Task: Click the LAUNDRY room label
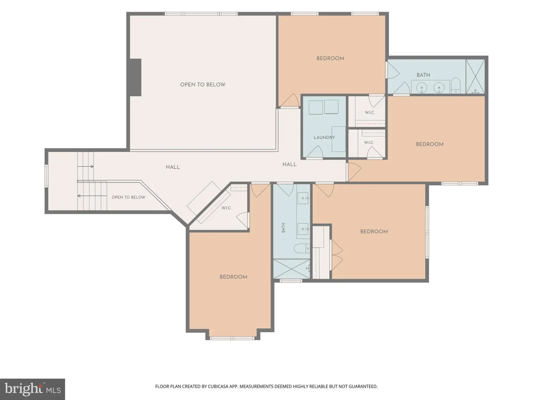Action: pos(324,137)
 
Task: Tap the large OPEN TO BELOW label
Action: pos(203,85)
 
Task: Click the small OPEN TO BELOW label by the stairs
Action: pos(128,197)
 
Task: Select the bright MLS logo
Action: pos(33,389)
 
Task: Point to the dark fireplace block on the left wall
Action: pos(136,77)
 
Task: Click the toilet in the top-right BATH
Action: pos(456,86)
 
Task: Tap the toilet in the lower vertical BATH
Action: pos(302,248)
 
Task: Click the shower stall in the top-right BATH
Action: pos(475,77)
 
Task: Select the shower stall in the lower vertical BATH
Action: pos(291,269)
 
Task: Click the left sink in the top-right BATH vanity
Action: pos(421,87)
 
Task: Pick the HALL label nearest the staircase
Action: pos(173,167)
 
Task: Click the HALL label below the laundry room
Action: pos(289,164)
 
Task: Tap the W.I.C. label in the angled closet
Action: pos(226,208)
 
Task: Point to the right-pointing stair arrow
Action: pos(86,166)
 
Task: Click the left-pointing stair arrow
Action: pos(92,196)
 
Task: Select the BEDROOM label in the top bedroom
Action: pos(330,59)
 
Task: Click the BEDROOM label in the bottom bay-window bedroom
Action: pos(233,277)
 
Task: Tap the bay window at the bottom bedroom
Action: pos(232,338)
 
